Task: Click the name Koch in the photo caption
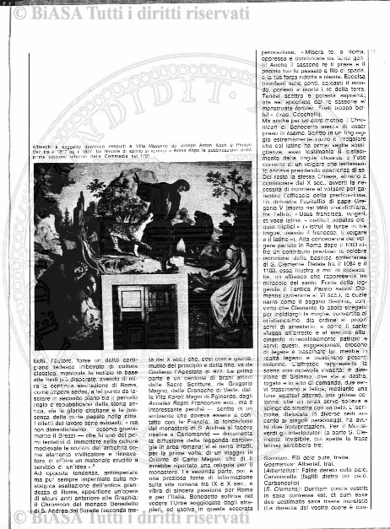pyautogui.click(x=207, y=146)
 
